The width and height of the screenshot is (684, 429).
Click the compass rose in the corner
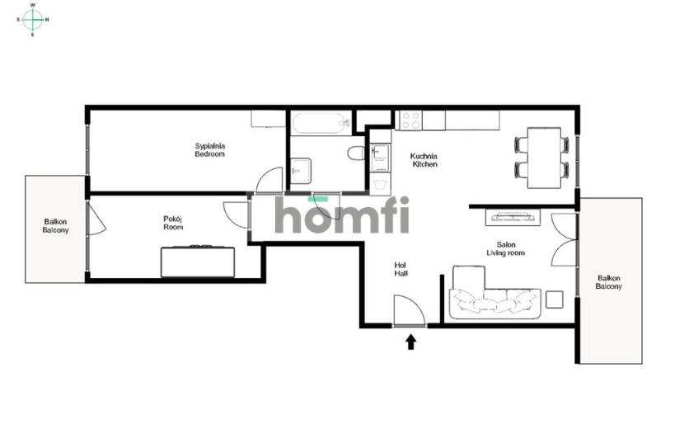point(32,20)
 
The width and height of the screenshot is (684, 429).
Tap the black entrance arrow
point(411,342)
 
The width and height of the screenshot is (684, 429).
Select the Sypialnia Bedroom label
point(210,150)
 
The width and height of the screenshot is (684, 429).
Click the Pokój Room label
point(173,223)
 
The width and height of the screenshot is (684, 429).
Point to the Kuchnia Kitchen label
point(424,160)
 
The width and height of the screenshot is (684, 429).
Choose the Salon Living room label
point(506,248)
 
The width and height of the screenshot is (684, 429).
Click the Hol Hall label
point(401,269)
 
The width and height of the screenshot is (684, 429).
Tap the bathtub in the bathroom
point(322,124)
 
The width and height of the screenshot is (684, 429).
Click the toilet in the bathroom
point(356,153)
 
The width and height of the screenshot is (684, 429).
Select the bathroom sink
point(301,171)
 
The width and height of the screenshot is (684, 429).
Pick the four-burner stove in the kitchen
point(411,120)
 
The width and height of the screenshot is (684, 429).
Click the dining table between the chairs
point(544,158)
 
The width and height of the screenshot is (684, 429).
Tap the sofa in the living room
point(495,294)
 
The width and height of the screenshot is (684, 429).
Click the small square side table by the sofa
point(554,299)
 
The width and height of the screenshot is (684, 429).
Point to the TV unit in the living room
point(513,217)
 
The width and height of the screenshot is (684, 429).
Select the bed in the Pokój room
point(198,262)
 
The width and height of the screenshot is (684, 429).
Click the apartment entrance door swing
point(410,310)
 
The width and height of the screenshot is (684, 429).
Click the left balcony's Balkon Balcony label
point(55,226)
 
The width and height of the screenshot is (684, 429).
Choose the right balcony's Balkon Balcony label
point(608,282)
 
